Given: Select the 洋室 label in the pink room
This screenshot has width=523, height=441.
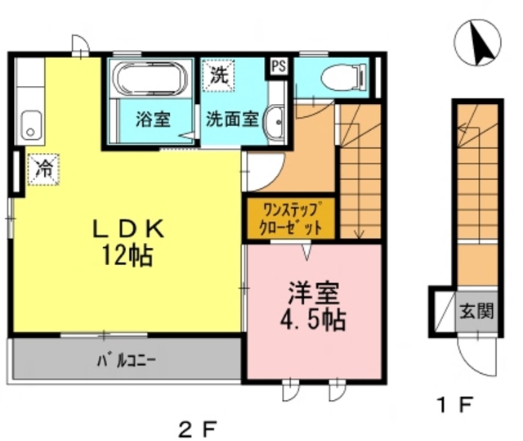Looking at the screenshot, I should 313,292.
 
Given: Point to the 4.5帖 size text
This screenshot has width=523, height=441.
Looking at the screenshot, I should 313,318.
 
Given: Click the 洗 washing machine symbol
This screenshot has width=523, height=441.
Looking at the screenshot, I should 218,77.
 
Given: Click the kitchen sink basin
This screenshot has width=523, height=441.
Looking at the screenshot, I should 31,124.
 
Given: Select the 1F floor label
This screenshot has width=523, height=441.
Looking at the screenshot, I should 454,403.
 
